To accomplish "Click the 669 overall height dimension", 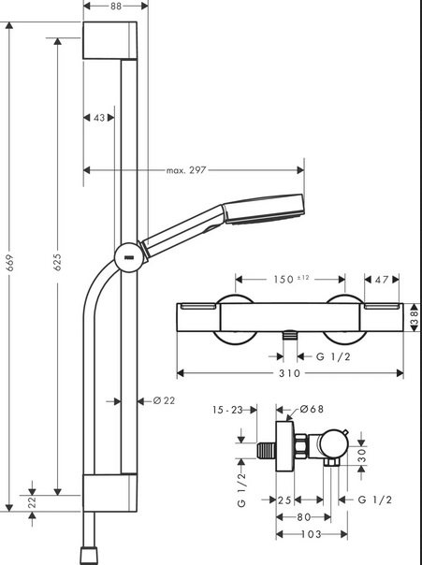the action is [9, 263].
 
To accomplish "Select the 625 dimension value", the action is [57, 262].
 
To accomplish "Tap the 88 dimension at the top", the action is [116, 7].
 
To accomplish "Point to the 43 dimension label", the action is [99, 118].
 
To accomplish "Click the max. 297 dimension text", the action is [186, 170].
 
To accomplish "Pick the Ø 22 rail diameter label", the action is [164, 400].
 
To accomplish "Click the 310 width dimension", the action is [290, 373].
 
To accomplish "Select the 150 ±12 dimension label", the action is [291, 280].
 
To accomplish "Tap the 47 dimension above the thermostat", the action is [382, 280].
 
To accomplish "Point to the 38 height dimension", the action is [415, 317].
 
